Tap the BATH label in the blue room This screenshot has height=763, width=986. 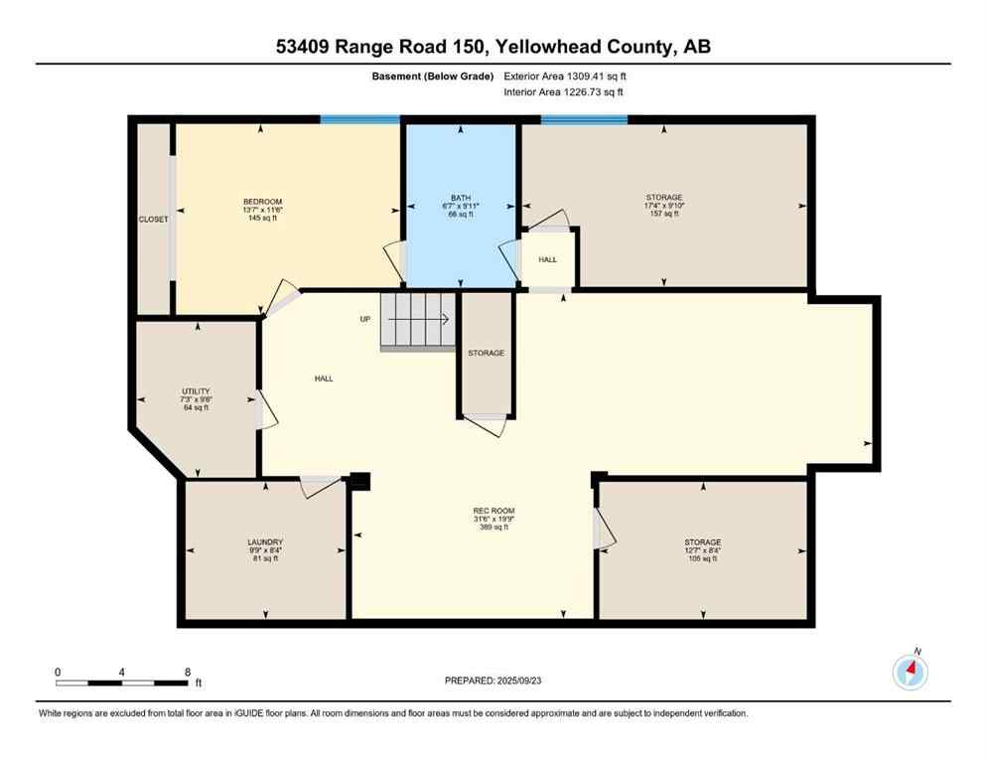tap(458, 197)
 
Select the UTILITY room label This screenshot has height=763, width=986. tap(196, 391)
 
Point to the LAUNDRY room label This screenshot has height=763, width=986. tap(265, 542)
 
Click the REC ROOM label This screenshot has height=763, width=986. tap(493, 512)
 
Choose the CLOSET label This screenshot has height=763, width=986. tap(153, 220)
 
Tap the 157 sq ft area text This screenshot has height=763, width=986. tap(663, 214)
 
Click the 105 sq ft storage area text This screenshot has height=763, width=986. tap(701, 559)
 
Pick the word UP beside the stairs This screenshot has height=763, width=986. tap(365, 319)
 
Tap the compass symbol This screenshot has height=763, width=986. tap(910, 673)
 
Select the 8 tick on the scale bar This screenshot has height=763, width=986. tap(188, 672)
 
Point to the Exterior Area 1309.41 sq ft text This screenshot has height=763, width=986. tap(565, 76)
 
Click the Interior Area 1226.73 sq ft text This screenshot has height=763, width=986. tap(564, 92)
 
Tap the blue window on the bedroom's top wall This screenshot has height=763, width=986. tap(359, 119)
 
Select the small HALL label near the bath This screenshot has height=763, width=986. tap(547, 259)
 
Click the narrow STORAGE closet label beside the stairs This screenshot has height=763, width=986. tap(487, 353)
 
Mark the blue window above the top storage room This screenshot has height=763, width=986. tap(584, 120)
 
